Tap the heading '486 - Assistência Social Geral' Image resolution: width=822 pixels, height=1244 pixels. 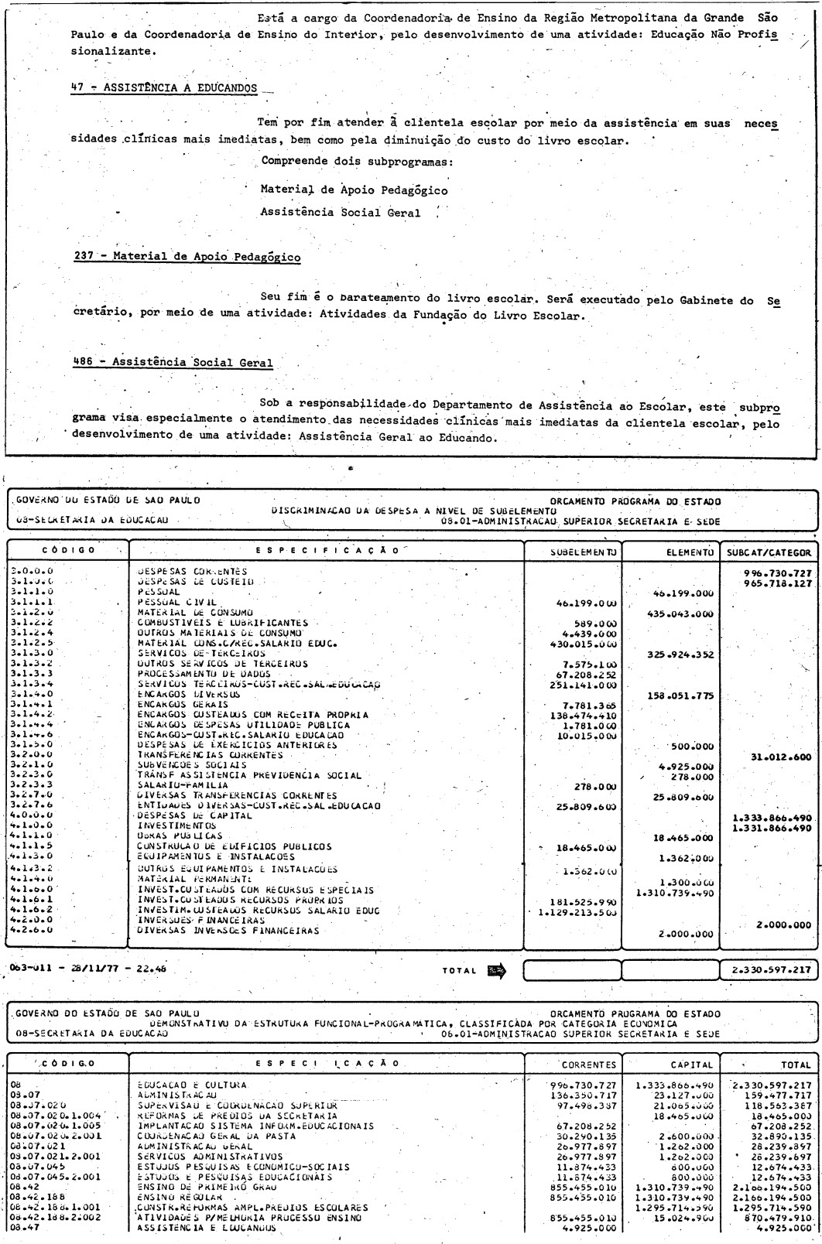[172, 361]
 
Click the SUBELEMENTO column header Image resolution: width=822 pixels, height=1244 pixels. [572, 552]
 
